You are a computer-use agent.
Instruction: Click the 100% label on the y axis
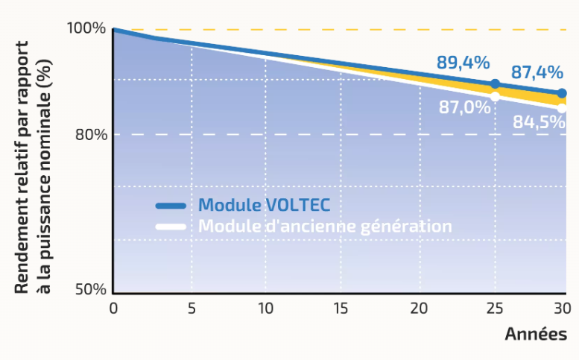tap(86, 29)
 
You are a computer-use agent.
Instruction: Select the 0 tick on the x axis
tap(113, 308)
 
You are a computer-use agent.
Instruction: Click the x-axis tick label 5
tap(192, 308)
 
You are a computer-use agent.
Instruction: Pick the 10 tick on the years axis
tap(266, 308)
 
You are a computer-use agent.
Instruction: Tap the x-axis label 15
tap(342, 308)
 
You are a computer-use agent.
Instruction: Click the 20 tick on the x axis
tap(418, 308)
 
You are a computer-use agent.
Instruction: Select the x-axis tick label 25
tap(494, 308)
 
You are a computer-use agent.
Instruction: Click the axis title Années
tap(536, 334)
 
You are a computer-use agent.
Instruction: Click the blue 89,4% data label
tap(463, 63)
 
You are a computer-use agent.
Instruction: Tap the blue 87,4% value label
tap(537, 73)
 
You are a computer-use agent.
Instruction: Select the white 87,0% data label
tap(464, 107)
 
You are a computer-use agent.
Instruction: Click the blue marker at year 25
tap(495, 84)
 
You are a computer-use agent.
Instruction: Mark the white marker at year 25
tap(495, 96)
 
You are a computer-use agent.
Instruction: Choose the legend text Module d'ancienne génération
tap(325, 226)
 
